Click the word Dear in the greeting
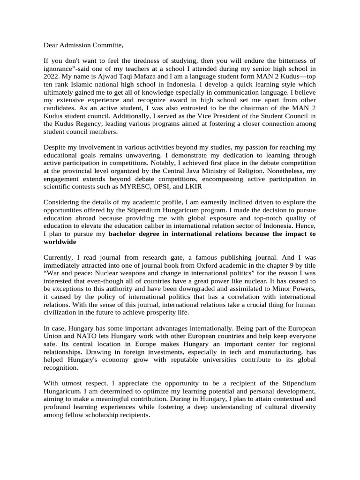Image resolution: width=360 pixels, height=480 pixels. pyautogui.click(x=52, y=45)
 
